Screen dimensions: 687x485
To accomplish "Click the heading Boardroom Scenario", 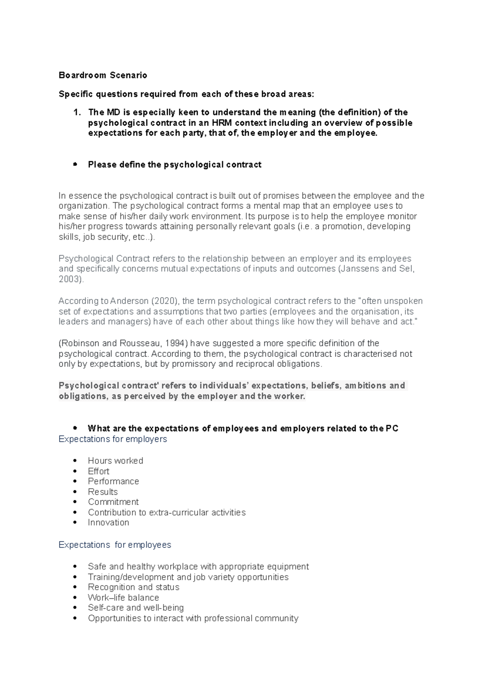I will pyautogui.click(x=103, y=75).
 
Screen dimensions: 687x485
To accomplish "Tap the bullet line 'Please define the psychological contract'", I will pyautogui.click(x=175, y=165).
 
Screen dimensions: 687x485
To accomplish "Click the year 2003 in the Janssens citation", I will pyautogui.click(x=70, y=279).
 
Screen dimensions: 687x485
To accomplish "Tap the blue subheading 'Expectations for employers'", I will pyautogui.click(x=112, y=439).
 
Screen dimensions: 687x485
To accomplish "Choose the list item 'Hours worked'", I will pyautogui.click(x=116, y=461).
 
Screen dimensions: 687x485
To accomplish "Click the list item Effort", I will pyautogui.click(x=99, y=471).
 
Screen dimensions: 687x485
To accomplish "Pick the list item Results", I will pyautogui.click(x=103, y=492).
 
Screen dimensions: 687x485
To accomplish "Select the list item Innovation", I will pyautogui.click(x=108, y=523).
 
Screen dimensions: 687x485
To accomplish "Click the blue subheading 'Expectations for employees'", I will pyautogui.click(x=115, y=545).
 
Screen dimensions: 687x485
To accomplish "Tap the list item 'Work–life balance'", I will pyautogui.click(x=123, y=598).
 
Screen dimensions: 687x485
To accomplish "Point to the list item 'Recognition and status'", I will pyautogui.click(x=133, y=587).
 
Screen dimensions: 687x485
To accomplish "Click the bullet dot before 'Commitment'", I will pyautogui.click(x=75, y=502).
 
